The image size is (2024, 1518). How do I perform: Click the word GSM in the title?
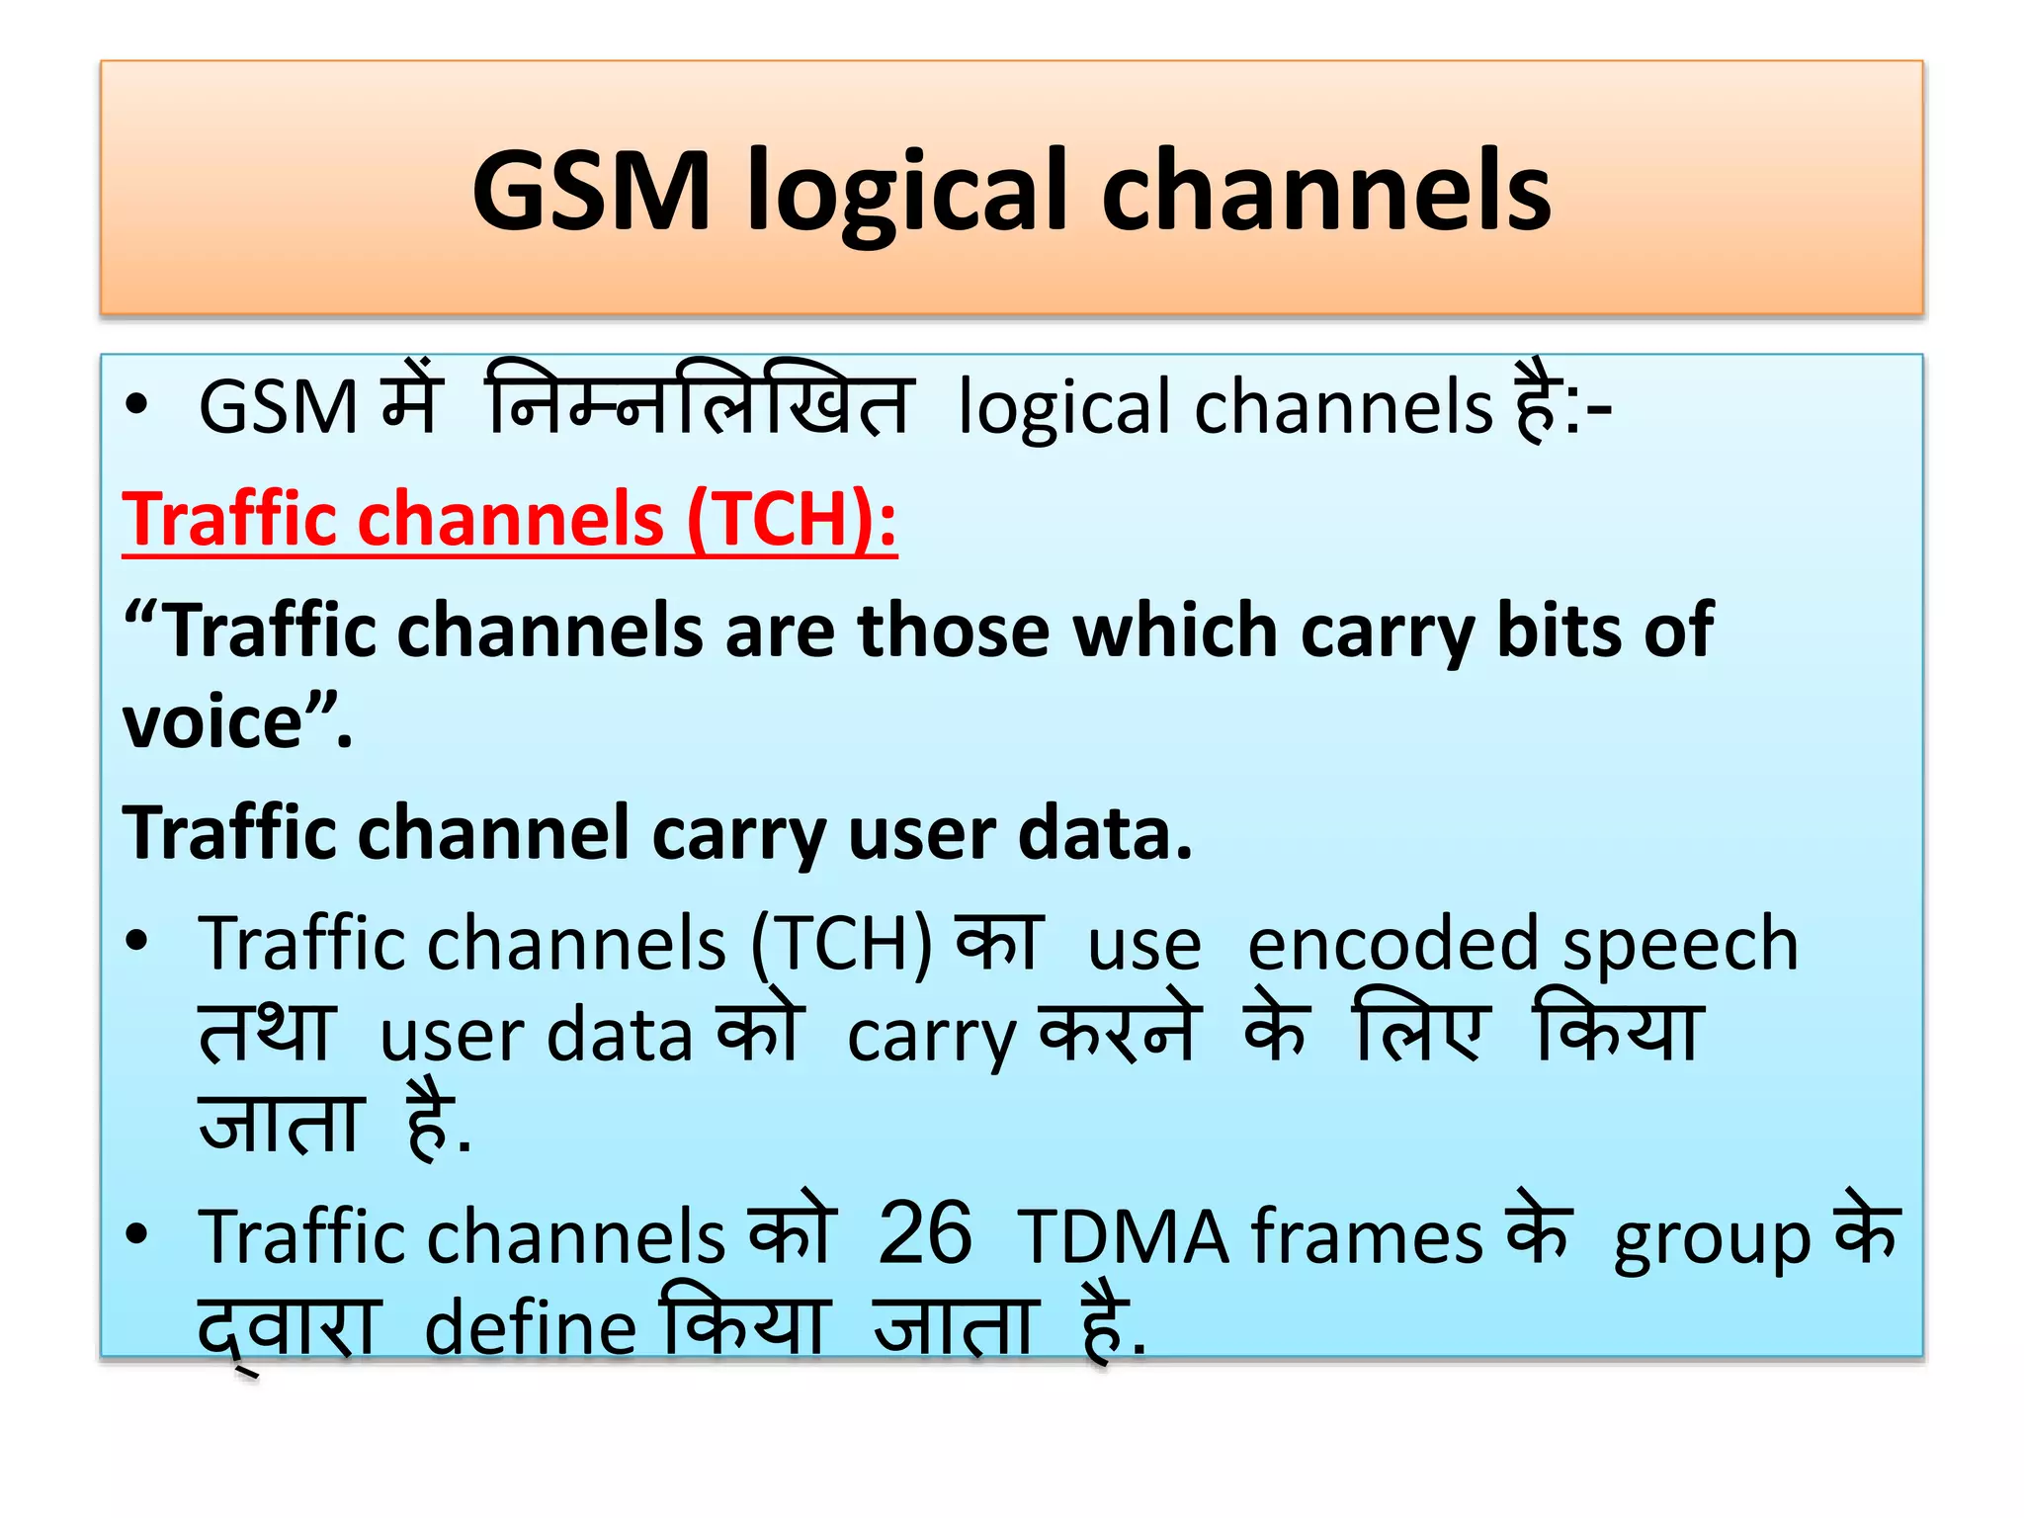coord(591,190)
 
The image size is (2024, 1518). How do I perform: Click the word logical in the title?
coord(906,190)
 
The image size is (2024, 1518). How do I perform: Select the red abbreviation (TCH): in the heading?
coord(792,520)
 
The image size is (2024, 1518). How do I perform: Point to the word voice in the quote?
coord(211,722)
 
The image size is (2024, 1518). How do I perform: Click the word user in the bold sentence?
coord(920,833)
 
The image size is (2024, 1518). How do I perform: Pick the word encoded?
coord(1392,945)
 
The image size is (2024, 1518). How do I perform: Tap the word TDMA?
coord(1123,1237)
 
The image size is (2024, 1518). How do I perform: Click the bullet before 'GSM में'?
coord(136,405)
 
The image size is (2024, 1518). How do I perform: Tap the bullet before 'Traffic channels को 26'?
coord(136,1233)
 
